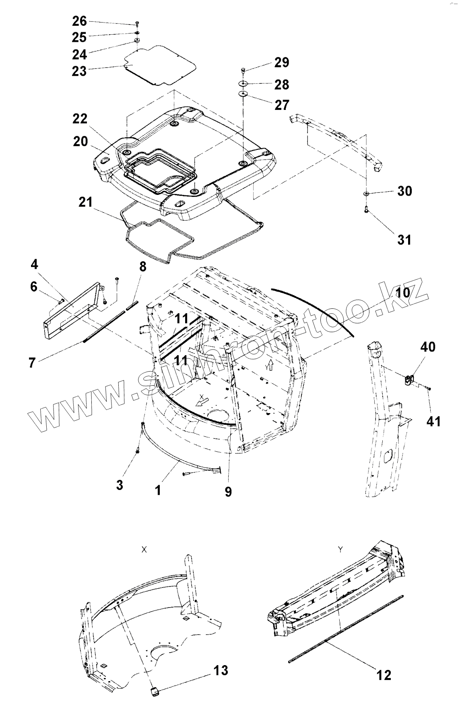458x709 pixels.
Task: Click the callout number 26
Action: (x=79, y=21)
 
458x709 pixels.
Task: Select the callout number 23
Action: (x=79, y=71)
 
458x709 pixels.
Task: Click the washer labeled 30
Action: (x=366, y=194)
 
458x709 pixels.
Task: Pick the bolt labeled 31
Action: (x=366, y=209)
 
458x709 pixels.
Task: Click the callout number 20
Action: (x=80, y=142)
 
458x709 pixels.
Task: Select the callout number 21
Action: (x=85, y=202)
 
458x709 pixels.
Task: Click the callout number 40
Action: (x=428, y=346)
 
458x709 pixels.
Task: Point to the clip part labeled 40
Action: (x=410, y=379)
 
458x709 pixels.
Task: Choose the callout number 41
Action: (x=433, y=422)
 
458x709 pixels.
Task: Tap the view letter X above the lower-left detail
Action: (x=144, y=550)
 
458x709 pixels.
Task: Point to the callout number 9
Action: (x=228, y=492)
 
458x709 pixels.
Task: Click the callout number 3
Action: (x=120, y=485)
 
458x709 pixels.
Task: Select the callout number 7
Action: (x=32, y=363)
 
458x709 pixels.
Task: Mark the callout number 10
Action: (x=402, y=293)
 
